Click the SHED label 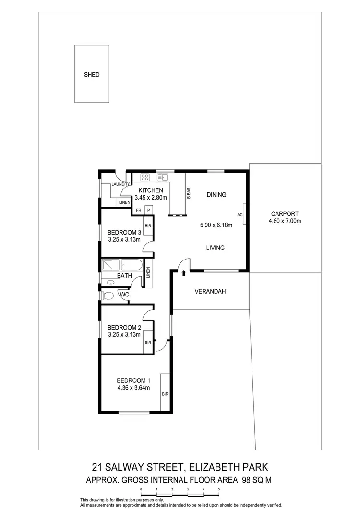click(x=92, y=75)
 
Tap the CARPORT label click(x=285, y=214)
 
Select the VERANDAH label click(x=210, y=291)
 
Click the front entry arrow click(x=184, y=273)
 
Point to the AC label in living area click(x=240, y=215)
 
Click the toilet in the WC click(x=108, y=296)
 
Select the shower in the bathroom click(x=110, y=265)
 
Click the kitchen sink click(x=163, y=177)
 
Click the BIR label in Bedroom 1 click(x=165, y=394)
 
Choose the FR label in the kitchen click(x=139, y=210)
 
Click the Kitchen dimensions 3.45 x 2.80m click(x=151, y=197)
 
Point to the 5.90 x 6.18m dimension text click(x=216, y=225)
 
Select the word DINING click(x=216, y=195)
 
